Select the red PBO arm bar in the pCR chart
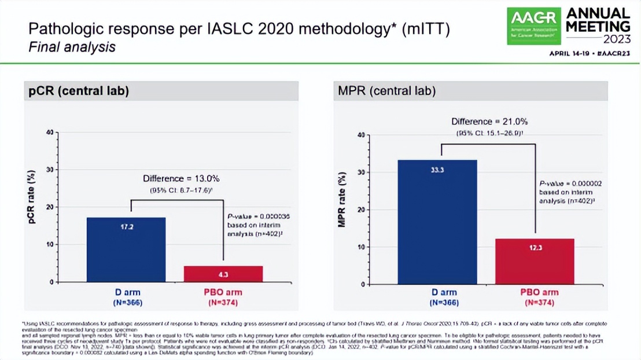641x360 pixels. tap(223, 274)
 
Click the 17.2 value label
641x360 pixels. tap(126, 227)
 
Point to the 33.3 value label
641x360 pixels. tap(437, 170)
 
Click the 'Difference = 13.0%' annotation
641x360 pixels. tap(181, 179)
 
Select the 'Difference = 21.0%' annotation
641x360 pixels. tap(489, 122)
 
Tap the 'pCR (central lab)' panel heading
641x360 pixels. tap(79, 91)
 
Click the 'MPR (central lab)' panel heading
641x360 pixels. tap(387, 91)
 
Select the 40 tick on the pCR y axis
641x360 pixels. tap(49, 133)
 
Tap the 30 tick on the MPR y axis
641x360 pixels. tap(361, 172)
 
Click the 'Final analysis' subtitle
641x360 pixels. tap(72, 47)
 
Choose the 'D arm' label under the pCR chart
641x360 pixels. tap(127, 292)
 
